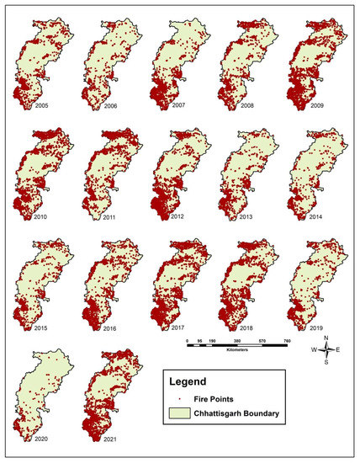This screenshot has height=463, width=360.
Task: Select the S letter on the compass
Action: click(326, 363)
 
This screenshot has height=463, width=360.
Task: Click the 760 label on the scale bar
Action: click(287, 343)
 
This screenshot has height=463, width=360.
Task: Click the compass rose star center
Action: click(326, 349)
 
